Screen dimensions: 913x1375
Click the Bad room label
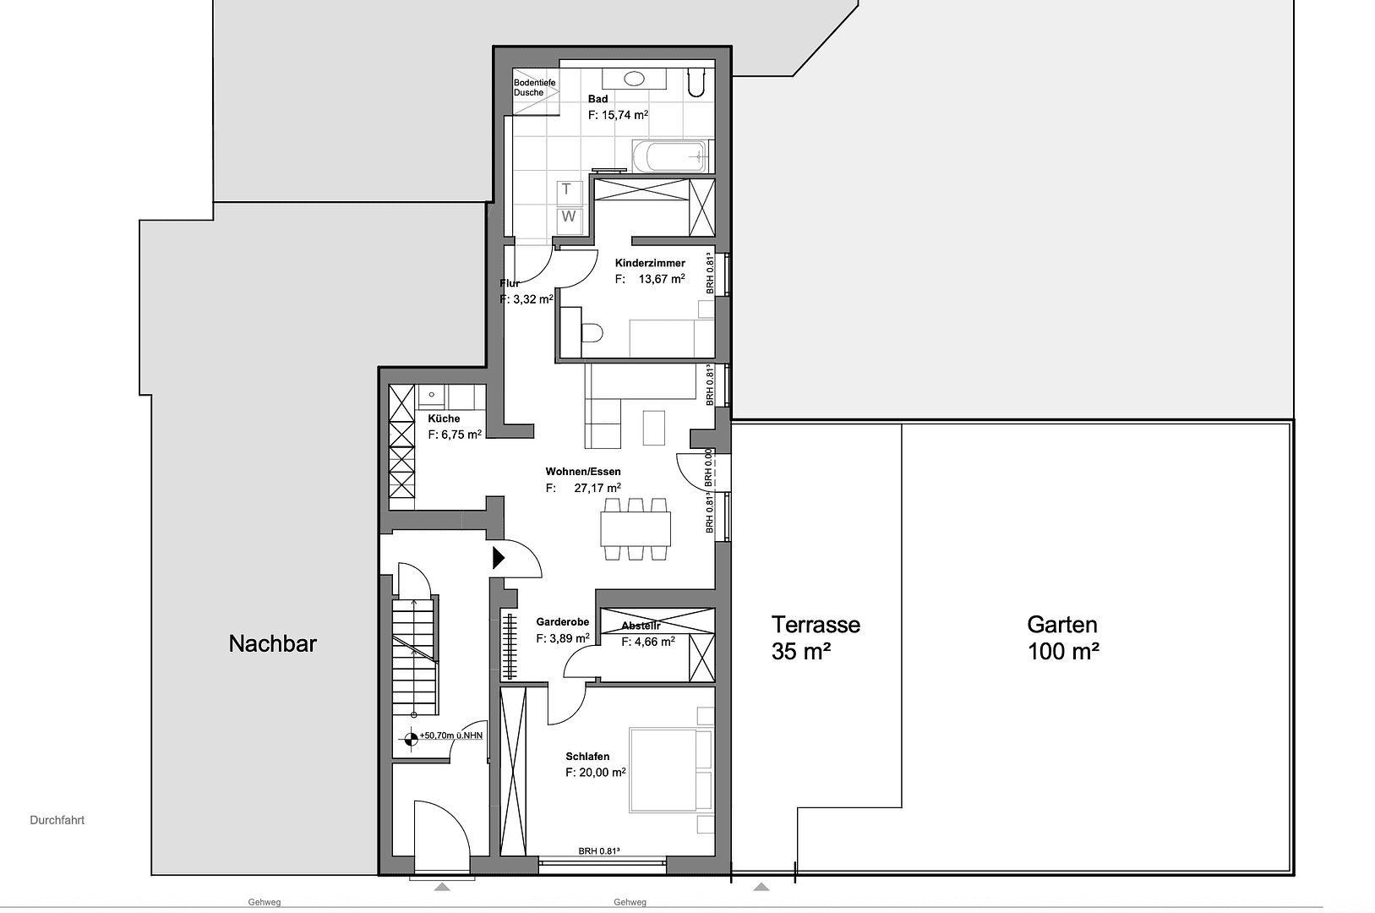click(x=597, y=99)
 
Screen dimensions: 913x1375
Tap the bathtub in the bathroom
click(x=669, y=156)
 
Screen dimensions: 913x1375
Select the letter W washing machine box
click(x=569, y=217)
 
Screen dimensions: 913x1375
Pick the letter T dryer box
click(x=568, y=189)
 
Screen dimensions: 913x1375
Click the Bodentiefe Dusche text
click(x=534, y=87)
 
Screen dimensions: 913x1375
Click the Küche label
click(x=444, y=418)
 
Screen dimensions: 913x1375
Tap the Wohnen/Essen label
click(x=583, y=472)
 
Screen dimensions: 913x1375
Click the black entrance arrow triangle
click(x=499, y=558)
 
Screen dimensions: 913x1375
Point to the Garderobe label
click(x=562, y=622)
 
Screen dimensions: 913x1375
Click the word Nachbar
click(x=272, y=643)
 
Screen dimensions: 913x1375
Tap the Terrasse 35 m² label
click(x=815, y=637)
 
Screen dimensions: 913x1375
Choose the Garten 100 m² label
click(x=1062, y=637)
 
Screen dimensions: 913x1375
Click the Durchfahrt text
click(x=57, y=820)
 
